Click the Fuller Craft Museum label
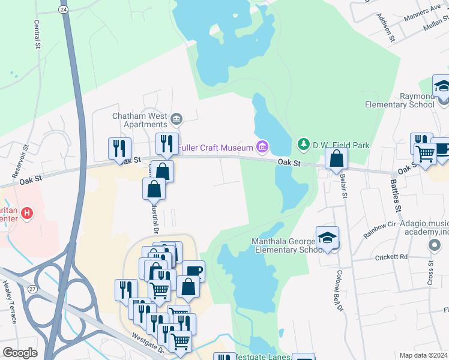tap(214, 148)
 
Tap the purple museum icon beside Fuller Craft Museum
tap(261, 146)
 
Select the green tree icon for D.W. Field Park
tap(303, 145)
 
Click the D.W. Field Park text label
tap(341, 145)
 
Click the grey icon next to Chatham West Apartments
tap(176, 118)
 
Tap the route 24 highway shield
tap(63, 10)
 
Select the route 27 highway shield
tap(32, 289)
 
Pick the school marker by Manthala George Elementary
tap(327, 238)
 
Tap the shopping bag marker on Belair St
tap(337, 159)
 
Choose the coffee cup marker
tap(193, 271)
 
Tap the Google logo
tap(20, 353)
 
